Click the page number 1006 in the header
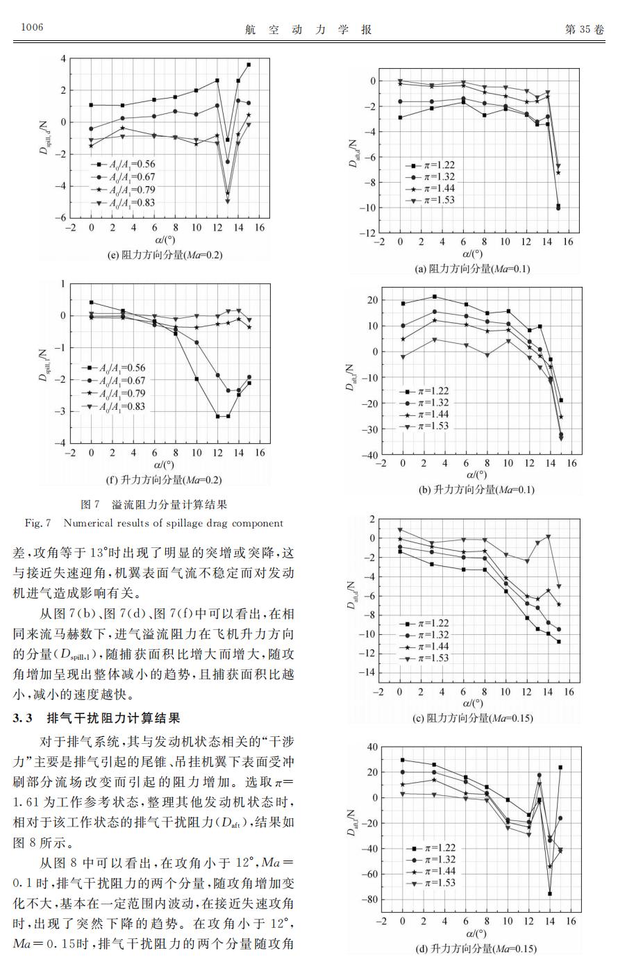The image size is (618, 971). click(x=32, y=28)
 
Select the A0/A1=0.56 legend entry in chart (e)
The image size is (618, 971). click(x=123, y=165)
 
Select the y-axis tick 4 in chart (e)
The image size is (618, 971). click(x=62, y=58)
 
